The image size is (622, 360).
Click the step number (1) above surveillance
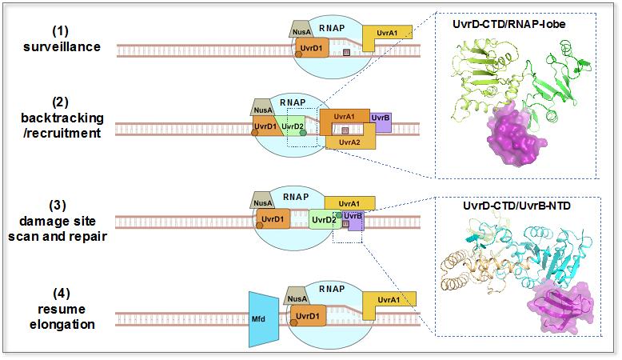point(61,31)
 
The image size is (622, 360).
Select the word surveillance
point(61,46)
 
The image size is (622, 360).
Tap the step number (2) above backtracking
point(61,102)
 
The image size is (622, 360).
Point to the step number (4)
point(61,295)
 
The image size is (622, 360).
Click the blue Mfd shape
point(261,318)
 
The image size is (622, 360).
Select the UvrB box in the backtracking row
point(381,118)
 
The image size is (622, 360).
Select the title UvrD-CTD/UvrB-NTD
point(524,206)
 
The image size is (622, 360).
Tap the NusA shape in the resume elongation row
point(297,300)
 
